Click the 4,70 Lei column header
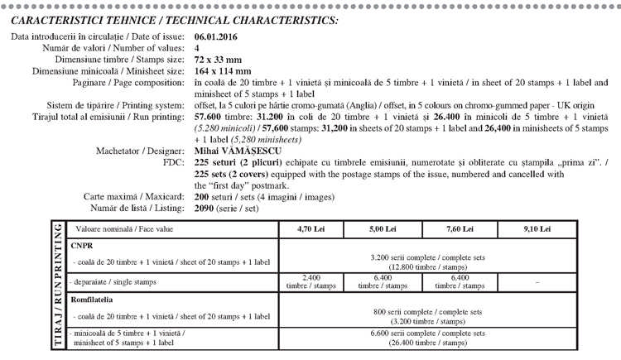(312, 228)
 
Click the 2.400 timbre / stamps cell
(312, 281)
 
